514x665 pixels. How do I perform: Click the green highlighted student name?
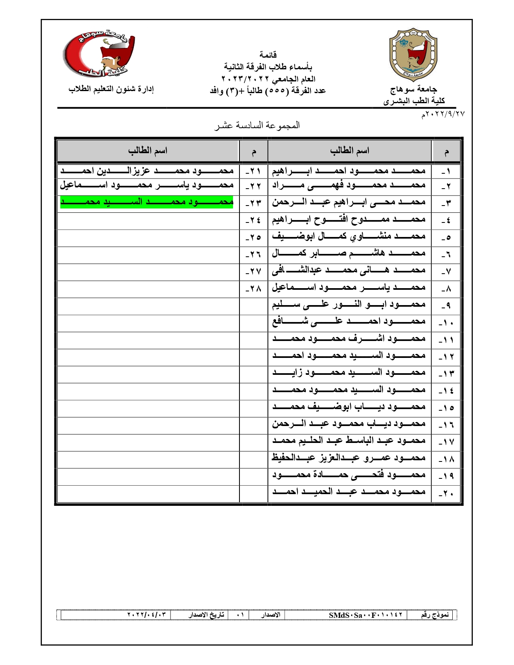(147, 202)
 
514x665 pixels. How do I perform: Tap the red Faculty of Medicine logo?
(99, 54)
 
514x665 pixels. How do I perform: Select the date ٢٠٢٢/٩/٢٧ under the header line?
(443, 114)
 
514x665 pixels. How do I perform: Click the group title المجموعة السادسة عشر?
(257, 126)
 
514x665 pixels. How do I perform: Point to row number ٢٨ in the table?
(253, 289)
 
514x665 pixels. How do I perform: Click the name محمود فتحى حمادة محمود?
(349, 475)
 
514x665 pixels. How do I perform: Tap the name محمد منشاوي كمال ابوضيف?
(349, 237)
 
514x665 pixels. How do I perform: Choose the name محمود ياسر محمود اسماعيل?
(147, 185)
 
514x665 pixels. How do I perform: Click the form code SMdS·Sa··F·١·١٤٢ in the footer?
(366, 615)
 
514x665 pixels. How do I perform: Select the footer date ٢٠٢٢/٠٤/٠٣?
(146, 615)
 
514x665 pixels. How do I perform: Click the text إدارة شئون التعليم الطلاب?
(111, 89)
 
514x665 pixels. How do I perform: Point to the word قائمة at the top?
(268, 55)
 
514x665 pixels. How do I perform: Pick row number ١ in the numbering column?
(446, 172)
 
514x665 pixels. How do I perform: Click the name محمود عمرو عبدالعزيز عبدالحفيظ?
(349, 458)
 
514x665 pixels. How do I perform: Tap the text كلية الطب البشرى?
(414, 101)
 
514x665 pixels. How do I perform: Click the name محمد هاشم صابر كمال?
(349, 254)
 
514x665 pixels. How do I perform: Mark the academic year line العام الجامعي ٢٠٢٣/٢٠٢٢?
(268, 79)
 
